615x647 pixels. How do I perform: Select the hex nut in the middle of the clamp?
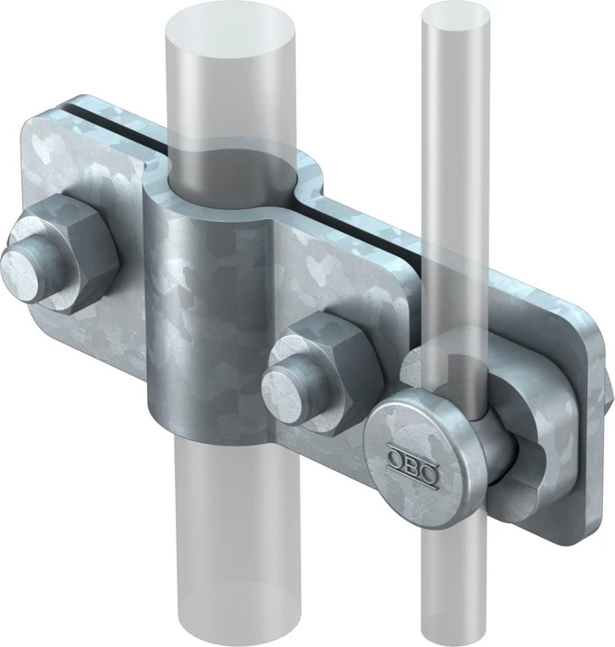click(326, 373)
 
